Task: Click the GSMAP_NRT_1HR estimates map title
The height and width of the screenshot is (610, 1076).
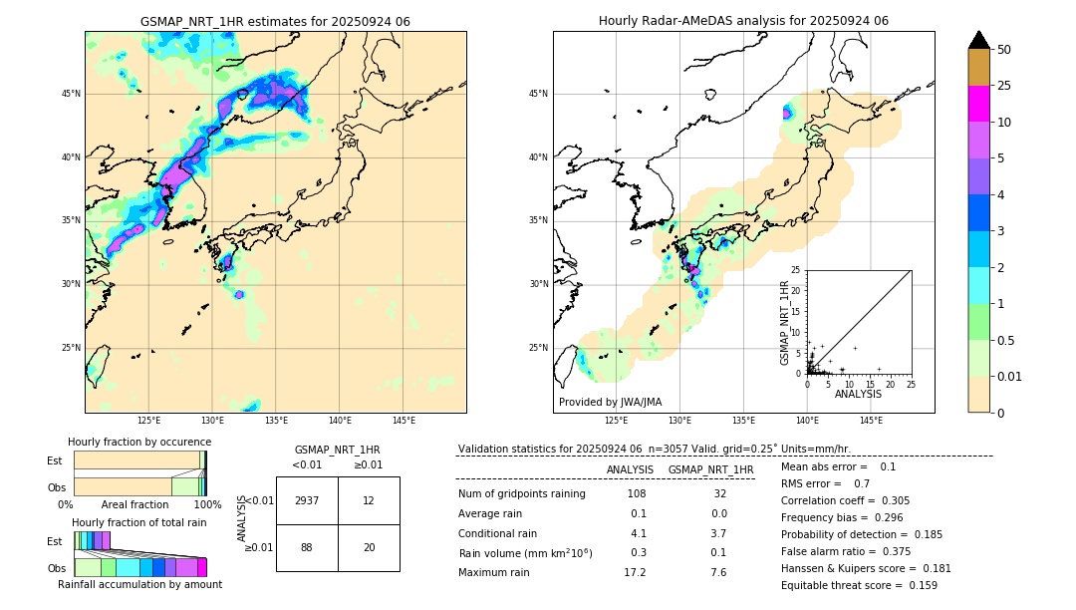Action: (275, 21)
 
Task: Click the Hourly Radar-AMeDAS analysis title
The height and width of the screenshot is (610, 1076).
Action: (743, 21)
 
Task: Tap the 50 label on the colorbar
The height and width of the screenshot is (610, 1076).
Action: (1004, 50)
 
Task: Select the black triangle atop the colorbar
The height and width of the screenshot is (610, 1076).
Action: (979, 40)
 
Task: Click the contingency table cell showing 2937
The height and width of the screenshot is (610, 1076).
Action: (307, 500)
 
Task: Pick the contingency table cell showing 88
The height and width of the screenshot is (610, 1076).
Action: (307, 548)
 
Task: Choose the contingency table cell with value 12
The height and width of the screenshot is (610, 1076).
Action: (369, 500)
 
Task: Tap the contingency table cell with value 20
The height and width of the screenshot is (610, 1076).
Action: (369, 548)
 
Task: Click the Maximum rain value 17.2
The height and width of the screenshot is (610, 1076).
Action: (635, 573)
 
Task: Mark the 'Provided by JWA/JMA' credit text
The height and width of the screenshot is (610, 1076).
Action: (610, 403)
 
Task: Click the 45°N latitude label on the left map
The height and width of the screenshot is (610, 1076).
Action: (71, 94)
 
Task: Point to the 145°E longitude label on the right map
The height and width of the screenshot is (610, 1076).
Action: (871, 421)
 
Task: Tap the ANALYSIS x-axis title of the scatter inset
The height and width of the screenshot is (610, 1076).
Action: (859, 394)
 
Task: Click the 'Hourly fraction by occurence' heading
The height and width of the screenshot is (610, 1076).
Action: (139, 443)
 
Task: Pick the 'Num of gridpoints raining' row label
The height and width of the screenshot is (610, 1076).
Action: (522, 494)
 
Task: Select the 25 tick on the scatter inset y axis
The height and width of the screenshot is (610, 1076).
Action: (796, 270)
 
